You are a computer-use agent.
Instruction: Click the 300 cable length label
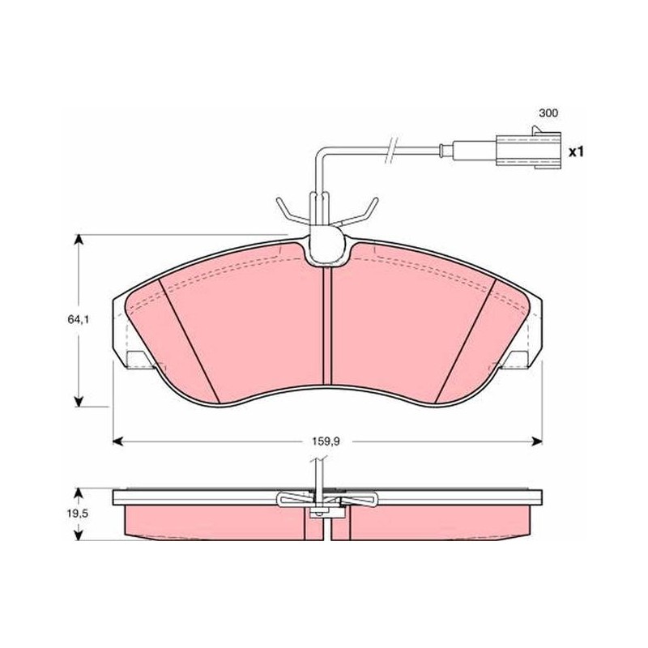tap(548, 113)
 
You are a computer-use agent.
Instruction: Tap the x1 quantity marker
tap(575, 152)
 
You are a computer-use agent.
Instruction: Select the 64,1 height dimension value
tap(79, 319)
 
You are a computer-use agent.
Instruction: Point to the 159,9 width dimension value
tap(326, 441)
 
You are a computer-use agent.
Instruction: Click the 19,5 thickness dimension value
tap(78, 514)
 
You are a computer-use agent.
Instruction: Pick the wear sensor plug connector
tap(529, 151)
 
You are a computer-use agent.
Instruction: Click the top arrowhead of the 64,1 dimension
tap(78, 240)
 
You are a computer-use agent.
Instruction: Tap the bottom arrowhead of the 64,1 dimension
tap(78, 401)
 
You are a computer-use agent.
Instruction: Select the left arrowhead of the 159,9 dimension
tap(118, 441)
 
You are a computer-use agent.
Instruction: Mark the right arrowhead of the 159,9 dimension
tap(537, 441)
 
